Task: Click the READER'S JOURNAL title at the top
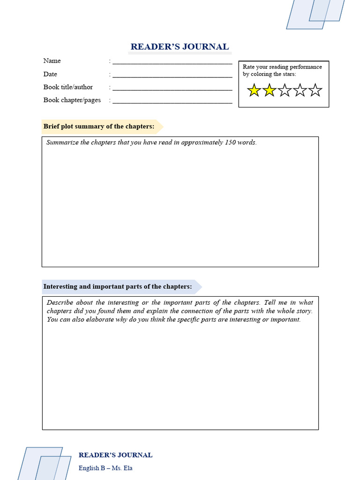pos(180,47)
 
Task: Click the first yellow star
pos(254,90)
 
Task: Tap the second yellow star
pos(269,90)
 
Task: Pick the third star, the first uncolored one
pos(285,90)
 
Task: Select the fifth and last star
pos(315,90)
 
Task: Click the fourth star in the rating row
pos(300,90)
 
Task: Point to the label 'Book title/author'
pos(68,87)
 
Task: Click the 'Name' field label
pos(52,61)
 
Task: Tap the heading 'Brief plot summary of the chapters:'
pos(99,127)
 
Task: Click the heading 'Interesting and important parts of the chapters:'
pos(118,287)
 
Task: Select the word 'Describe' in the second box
pos(60,303)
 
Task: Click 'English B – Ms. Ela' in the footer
pos(105,468)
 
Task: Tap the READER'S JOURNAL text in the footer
pos(115,455)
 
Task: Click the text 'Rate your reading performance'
pos(282,67)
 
